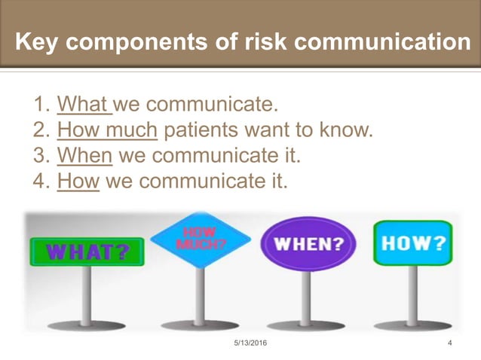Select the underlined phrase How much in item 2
[107, 130]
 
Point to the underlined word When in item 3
[84, 155]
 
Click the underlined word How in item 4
[78, 181]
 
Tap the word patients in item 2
[197, 130]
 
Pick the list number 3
[41, 155]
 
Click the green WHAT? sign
[87, 251]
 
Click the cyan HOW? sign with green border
[412, 243]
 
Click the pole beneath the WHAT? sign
[87, 294]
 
